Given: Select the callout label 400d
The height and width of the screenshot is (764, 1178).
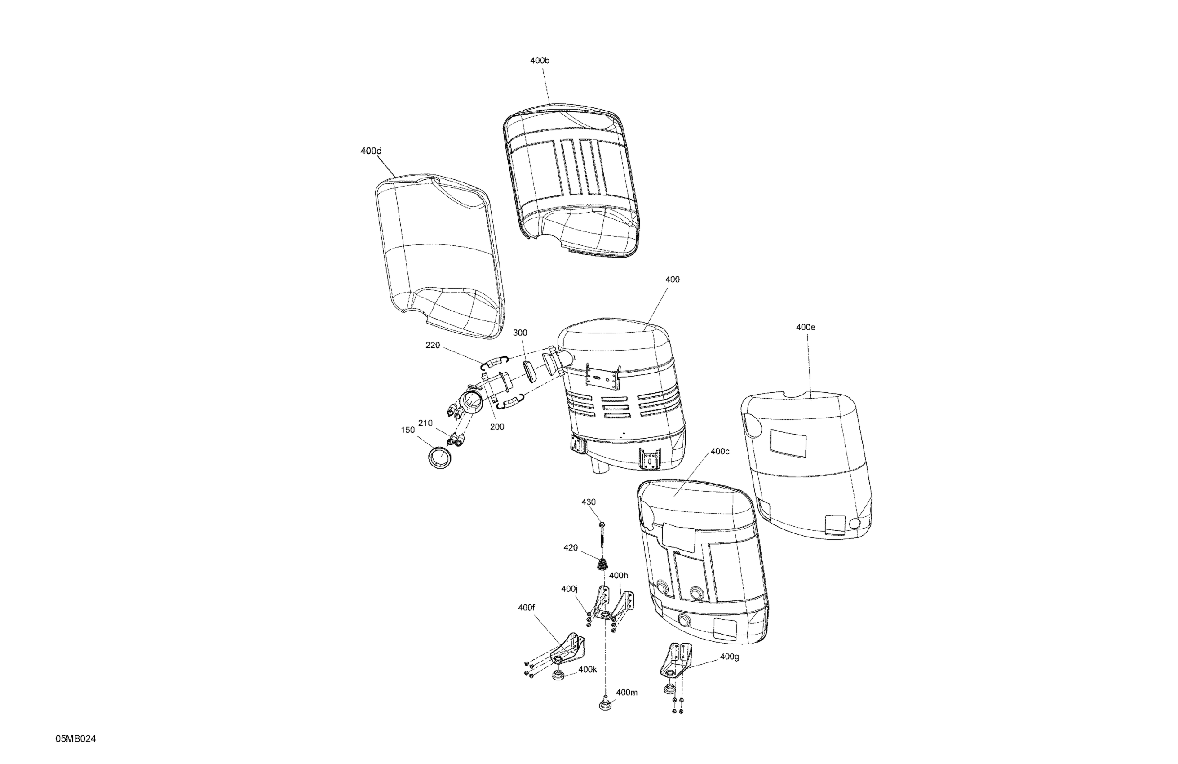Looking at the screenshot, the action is [371, 151].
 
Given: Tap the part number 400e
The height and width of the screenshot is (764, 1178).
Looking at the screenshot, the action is [805, 327].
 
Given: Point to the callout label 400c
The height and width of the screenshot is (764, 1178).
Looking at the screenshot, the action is [720, 452].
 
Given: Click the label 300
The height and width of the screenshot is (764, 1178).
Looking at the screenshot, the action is [520, 333].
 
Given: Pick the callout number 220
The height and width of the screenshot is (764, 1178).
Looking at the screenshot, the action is [433, 345].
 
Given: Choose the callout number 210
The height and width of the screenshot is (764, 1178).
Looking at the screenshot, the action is [425, 423].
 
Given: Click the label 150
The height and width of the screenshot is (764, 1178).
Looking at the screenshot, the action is [407, 430].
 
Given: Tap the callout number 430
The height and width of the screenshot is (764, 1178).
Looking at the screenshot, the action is [589, 502].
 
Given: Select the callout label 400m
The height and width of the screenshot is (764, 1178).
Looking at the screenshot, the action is [627, 692].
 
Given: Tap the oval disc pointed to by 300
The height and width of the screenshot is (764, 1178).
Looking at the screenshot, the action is [529, 371].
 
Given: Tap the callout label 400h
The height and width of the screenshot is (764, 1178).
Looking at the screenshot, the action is [618, 575].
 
